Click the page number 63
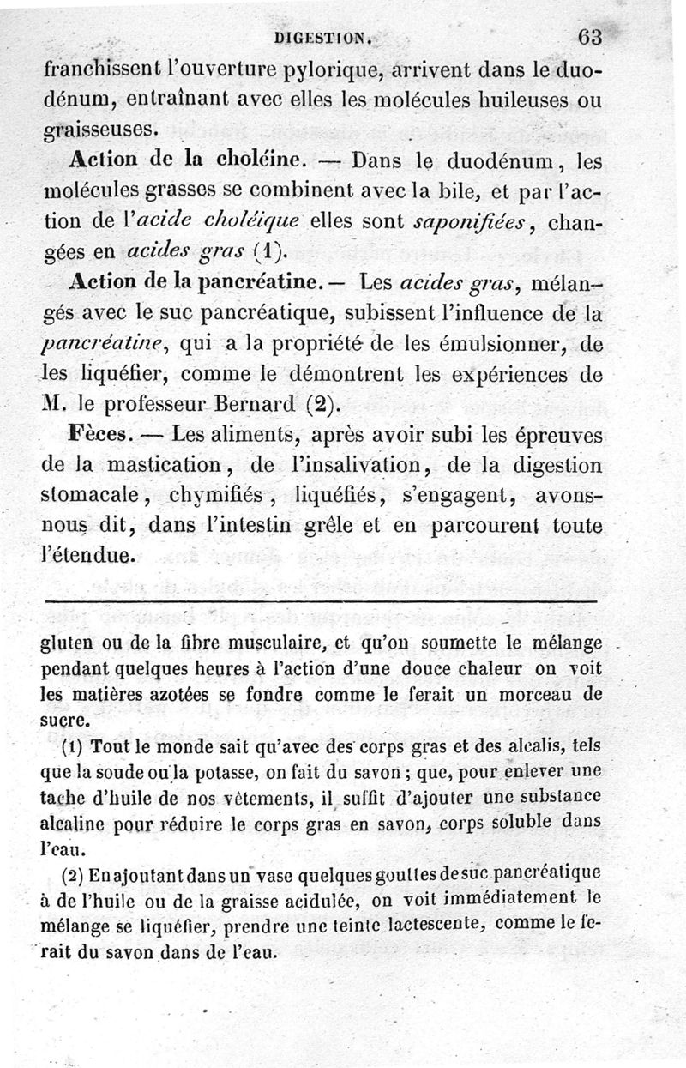[x=591, y=37]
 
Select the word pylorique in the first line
[x=318, y=70]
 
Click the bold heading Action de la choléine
[x=185, y=161]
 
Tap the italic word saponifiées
[x=471, y=221]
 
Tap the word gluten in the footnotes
[x=66, y=643]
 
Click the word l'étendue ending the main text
[x=88, y=555]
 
